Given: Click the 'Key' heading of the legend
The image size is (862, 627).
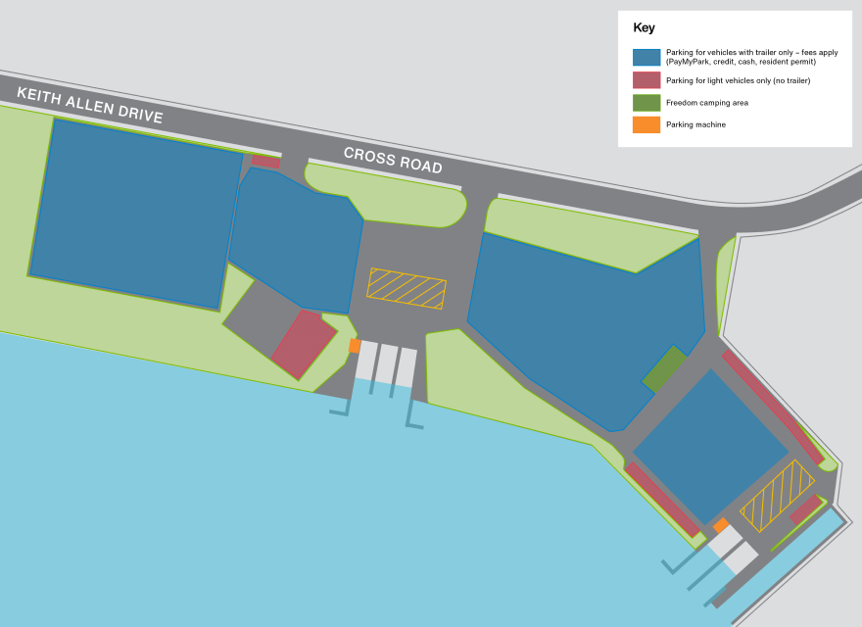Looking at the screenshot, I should coord(644,27).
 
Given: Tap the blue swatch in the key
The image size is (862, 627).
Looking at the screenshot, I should coord(646,56).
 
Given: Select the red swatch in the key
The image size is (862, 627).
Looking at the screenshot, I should coord(646,80).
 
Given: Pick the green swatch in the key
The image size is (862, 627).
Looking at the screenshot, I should coord(646,102).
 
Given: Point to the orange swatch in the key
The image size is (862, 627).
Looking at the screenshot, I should coord(646,124).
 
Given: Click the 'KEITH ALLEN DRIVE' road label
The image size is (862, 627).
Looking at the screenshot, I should coord(89,104).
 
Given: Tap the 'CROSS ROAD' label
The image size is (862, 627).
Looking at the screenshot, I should coord(393,161).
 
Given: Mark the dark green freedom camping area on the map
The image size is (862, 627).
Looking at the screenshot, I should coord(664,367).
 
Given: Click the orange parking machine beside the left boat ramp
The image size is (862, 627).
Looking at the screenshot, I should coord(355,345).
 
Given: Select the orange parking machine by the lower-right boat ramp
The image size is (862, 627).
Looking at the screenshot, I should coord(721,526).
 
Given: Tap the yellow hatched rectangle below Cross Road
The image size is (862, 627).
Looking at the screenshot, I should coord(407,288).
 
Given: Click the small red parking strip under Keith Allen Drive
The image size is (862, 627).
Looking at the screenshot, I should coord(265,162).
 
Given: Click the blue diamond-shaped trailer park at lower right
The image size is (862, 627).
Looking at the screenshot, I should coord(710,447).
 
